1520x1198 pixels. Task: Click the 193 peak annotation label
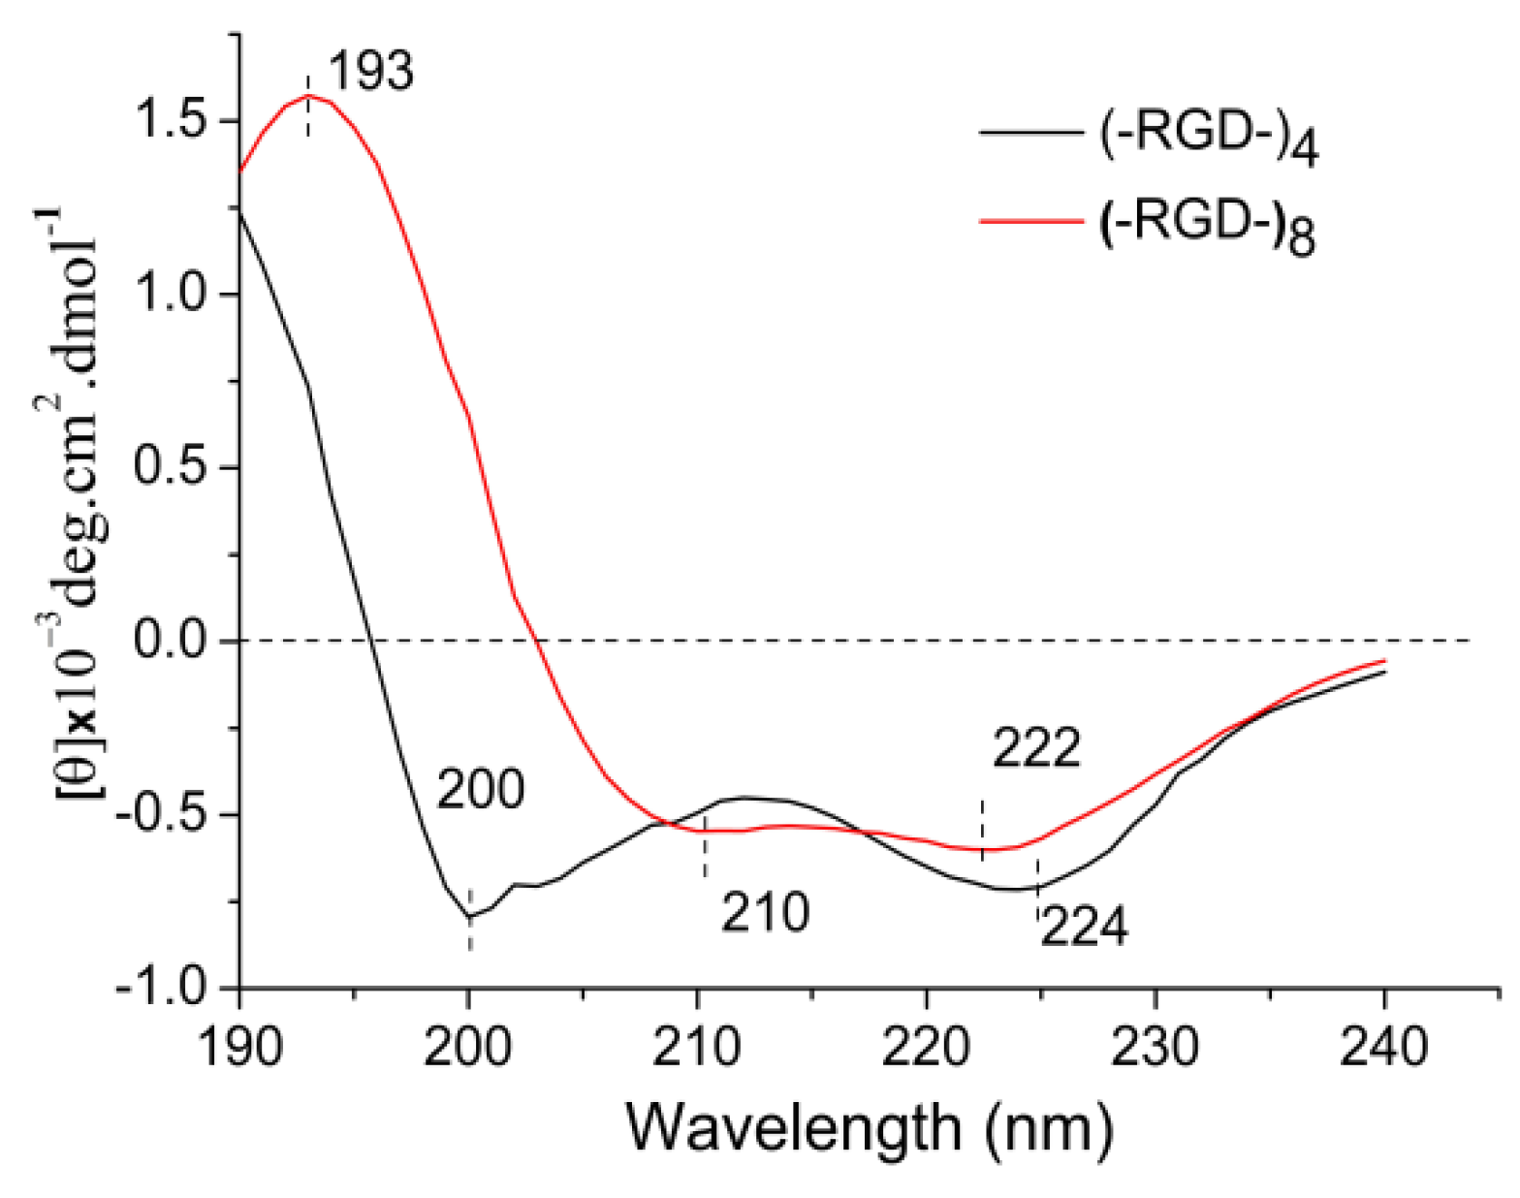click(x=370, y=72)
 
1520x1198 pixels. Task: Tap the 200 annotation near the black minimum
click(x=480, y=789)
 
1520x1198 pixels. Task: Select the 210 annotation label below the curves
click(x=764, y=912)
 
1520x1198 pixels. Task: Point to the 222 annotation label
click(x=1035, y=748)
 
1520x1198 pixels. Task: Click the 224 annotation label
click(x=1084, y=927)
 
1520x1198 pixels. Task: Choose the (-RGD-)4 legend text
click(x=1208, y=137)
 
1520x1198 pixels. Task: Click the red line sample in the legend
click(x=1030, y=221)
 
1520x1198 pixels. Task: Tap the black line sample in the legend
click(x=1030, y=132)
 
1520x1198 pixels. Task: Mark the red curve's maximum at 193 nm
click(x=308, y=95)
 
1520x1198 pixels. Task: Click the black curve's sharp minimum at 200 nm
click(x=470, y=916)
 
